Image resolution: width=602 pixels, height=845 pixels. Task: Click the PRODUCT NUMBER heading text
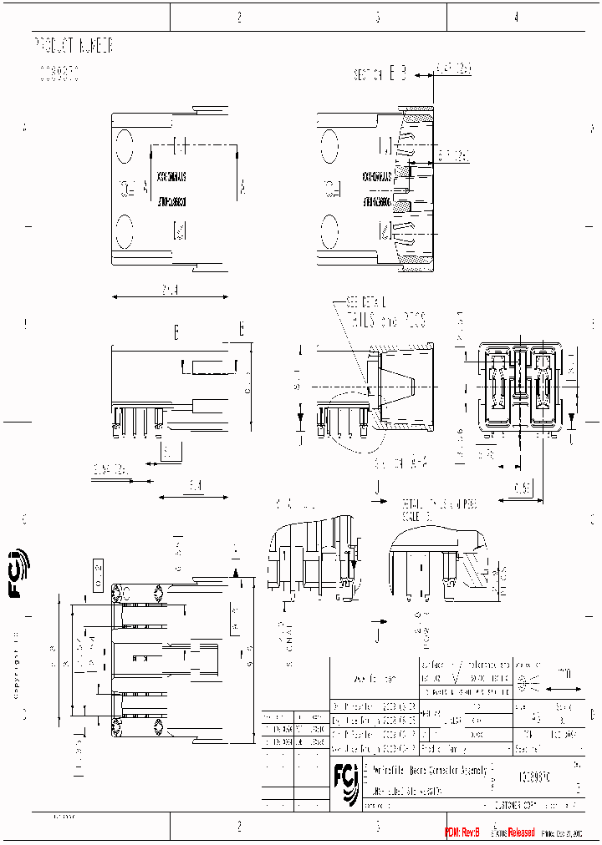pos(74,46)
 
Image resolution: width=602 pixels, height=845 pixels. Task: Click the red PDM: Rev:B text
pos(462,832)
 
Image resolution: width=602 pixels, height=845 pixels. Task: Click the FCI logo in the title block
pos(345,783)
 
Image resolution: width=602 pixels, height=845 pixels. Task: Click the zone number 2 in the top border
pos(239,16)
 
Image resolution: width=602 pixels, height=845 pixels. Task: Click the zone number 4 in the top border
pos(516,16)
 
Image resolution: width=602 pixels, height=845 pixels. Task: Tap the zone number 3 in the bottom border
pos(378,827)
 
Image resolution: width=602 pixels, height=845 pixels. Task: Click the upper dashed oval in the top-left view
pos(123,146)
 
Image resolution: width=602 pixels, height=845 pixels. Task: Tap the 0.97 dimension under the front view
pos(523,487)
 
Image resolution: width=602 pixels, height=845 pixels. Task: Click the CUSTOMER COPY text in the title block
pos(517,806)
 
